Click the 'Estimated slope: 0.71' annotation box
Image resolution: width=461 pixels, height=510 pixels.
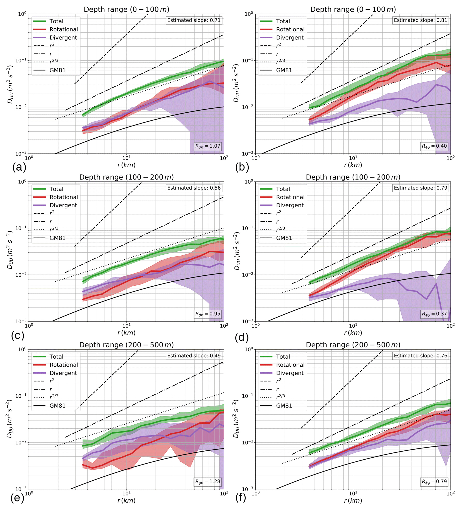click(x=194, y=20)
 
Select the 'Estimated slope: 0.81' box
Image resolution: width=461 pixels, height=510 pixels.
click(x=420, y=20)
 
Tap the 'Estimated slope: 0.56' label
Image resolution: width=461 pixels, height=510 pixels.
click(x=194, y=188)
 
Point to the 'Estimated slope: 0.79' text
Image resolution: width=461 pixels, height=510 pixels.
click(x=420, y=188)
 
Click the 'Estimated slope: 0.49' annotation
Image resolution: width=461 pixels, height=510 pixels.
click(x=194, y=356)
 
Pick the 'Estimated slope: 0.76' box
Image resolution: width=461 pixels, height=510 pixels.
click(x=420, y=356)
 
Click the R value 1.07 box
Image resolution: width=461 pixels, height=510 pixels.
click(x=207, y=146)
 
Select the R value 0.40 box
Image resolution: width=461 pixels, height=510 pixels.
click(x=434, y=146)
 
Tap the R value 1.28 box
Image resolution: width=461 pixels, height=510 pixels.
click(x=207, y=481)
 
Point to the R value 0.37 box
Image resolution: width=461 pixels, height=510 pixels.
click(x=434, y=314)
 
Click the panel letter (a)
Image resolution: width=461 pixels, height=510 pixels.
click(x=19, y=167)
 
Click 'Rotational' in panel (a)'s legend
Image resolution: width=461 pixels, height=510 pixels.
click(x=64, y=29)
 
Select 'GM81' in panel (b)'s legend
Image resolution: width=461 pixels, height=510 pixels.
click(x=284, y=70)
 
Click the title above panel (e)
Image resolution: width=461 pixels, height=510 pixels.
click(x=126, y=345)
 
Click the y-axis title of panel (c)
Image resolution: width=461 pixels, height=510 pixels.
click(x=10, y=250)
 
